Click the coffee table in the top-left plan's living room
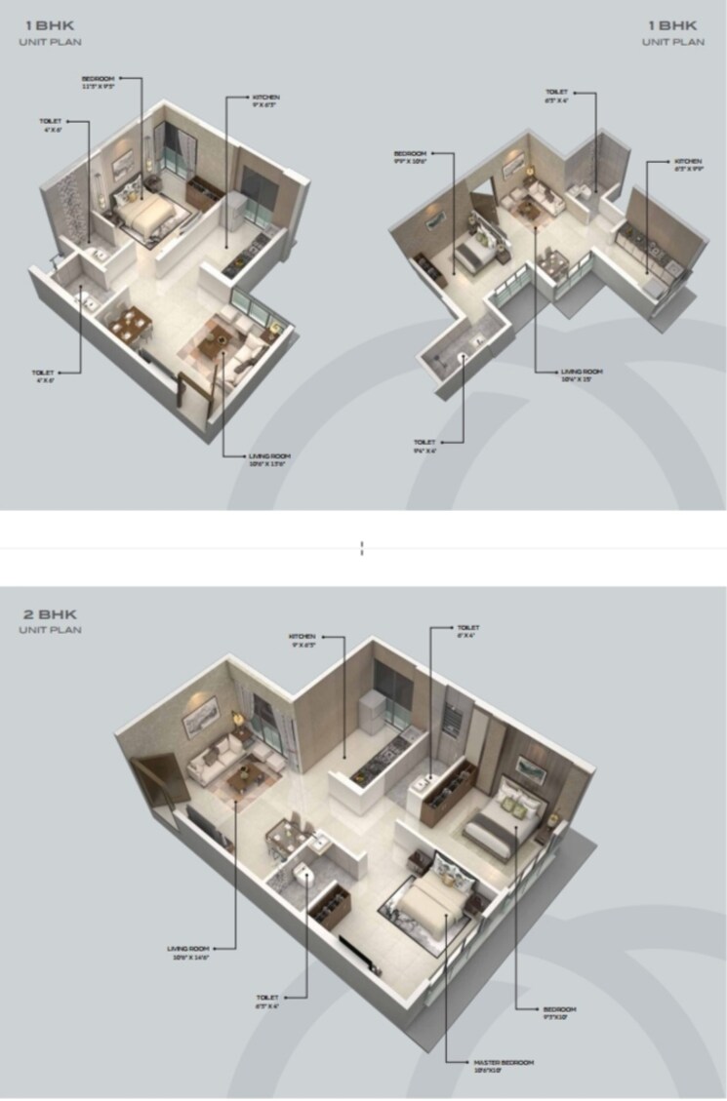pos(215,341)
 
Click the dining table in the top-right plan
pos(553,262)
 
